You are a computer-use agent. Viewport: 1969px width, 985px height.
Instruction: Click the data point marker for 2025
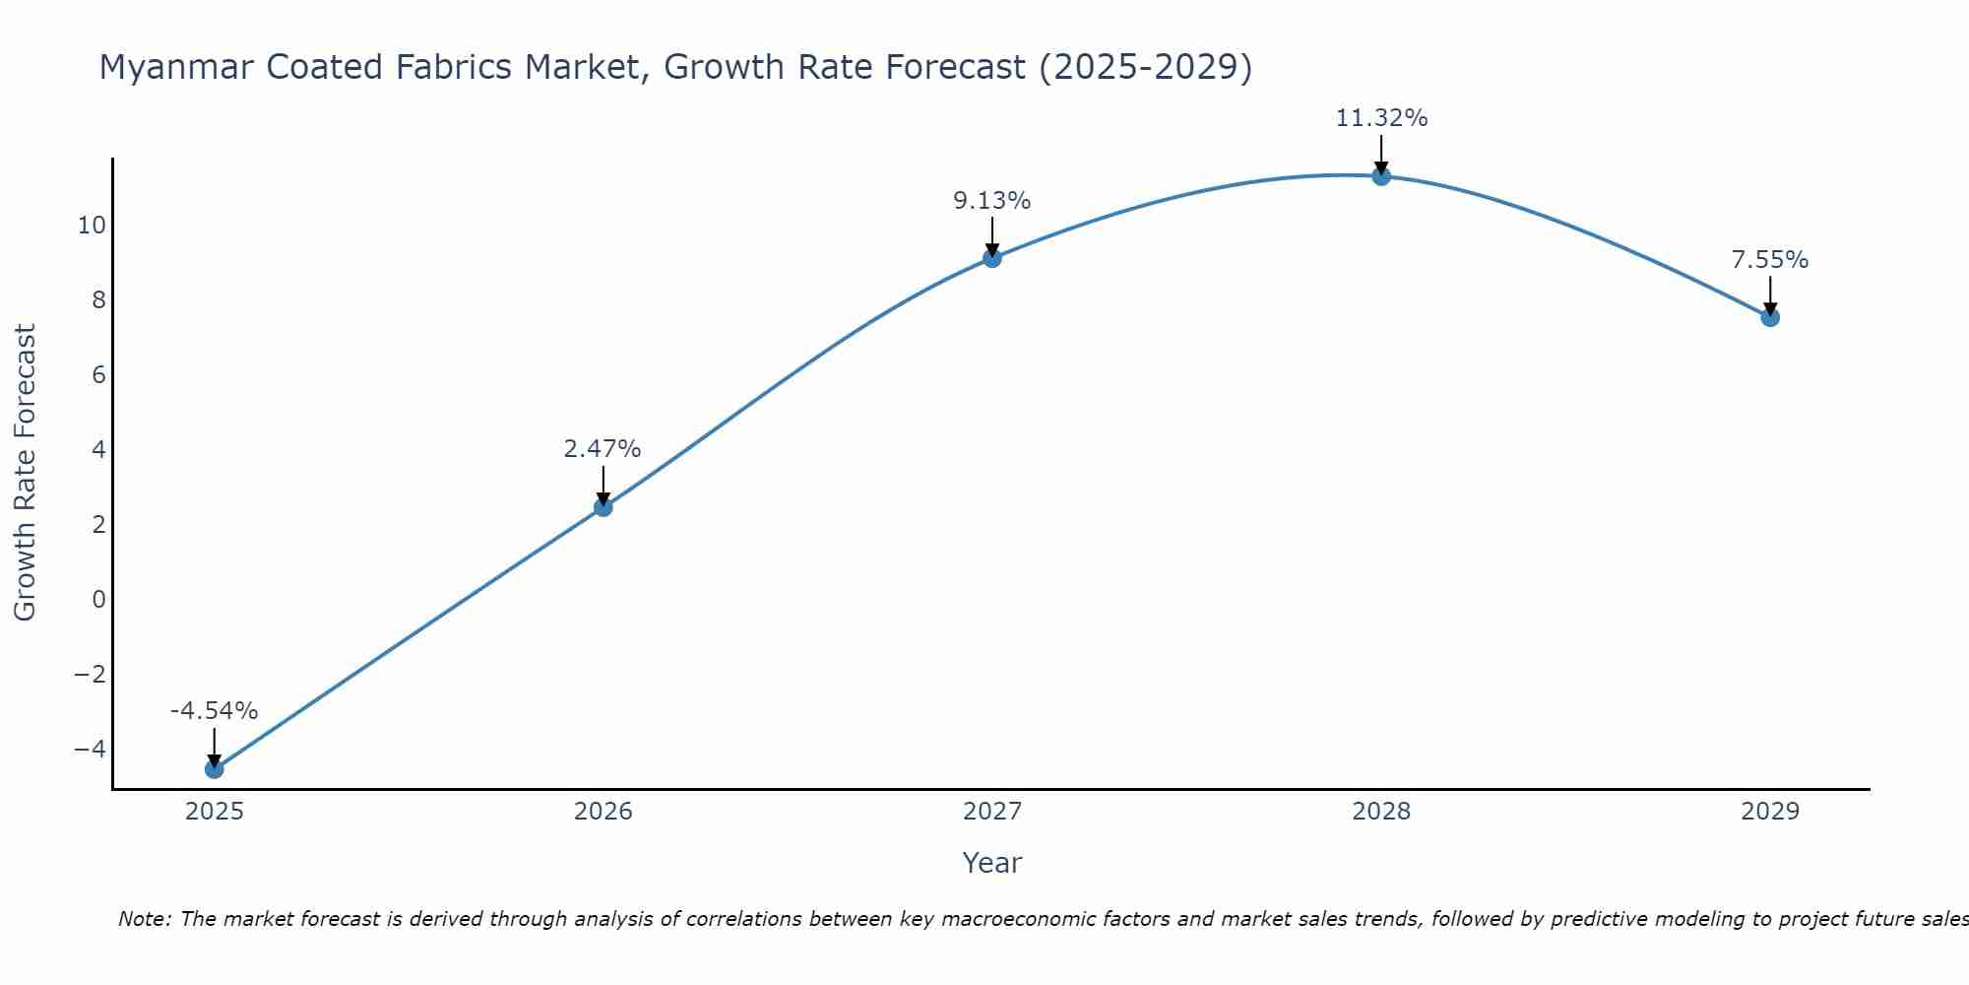[215, 768]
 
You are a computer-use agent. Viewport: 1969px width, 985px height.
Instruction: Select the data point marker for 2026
[603, 507]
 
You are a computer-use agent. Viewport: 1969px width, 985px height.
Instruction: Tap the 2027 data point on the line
[992, 258]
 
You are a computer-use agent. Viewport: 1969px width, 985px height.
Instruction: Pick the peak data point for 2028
[1381, 176]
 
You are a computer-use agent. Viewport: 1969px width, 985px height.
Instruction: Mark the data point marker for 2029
[1770, 317]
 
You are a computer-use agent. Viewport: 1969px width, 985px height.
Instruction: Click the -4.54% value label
[214, 710]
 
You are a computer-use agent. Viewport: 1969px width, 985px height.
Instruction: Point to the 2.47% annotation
[603, 449]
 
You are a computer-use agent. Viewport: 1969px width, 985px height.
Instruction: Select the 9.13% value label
[991, 201]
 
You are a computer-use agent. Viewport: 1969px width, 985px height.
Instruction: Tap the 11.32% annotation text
[1381, 118]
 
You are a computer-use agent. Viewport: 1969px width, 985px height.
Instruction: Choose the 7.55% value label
[1770, 260]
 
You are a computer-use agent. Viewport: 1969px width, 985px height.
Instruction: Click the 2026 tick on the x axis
[603, 812]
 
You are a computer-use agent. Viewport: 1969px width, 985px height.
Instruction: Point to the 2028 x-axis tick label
[1381, 812]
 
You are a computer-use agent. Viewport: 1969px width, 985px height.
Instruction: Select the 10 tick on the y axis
[92, 226]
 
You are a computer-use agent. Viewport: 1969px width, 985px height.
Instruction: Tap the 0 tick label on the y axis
[98, 599]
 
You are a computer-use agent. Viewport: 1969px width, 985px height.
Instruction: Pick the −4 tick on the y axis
[90, 749]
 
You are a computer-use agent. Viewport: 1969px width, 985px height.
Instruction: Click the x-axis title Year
[992, 863]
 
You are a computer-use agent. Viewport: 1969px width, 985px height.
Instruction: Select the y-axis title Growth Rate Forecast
[25, 473]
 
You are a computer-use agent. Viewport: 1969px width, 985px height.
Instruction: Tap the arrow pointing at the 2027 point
[992, 237]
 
